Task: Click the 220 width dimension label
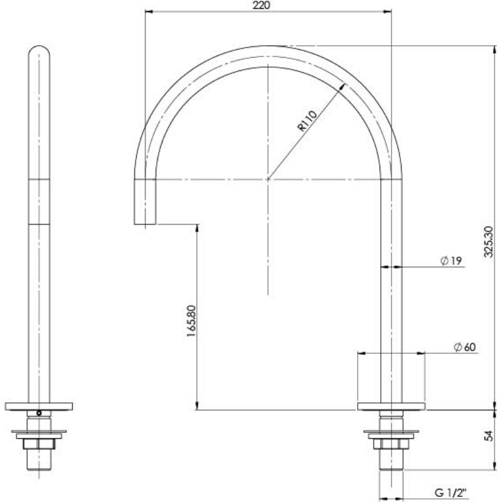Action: [x=263, y=6]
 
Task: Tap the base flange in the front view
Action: [x=39, y=406]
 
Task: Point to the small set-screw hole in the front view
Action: [x=39, y=413]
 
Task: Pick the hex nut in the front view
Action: [x=39, y=444]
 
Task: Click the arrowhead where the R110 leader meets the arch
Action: [x=343, y=87]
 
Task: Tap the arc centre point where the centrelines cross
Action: [x=268, y=179]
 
